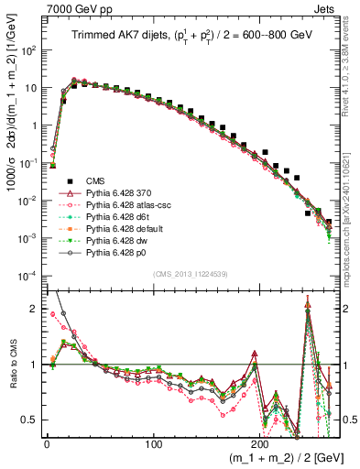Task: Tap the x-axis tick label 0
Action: click(46, 443)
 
